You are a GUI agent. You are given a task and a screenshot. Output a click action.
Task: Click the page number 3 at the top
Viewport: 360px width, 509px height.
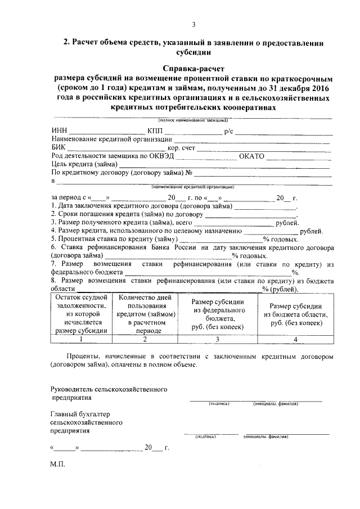(193, 24)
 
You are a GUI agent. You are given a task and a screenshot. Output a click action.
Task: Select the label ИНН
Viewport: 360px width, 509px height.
(59, 132)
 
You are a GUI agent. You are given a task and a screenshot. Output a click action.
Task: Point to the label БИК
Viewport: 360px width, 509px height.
(58, 147)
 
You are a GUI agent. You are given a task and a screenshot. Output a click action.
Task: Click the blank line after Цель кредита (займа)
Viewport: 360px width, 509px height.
(225, 165)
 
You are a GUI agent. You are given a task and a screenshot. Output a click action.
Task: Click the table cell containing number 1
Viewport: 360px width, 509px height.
(81, 339)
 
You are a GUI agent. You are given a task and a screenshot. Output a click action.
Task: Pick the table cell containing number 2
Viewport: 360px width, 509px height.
(145, 339)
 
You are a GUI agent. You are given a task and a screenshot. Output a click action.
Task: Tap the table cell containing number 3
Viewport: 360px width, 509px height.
(217, 339)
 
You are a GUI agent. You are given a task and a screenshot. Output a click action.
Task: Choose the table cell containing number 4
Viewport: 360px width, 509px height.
(296, 339)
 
